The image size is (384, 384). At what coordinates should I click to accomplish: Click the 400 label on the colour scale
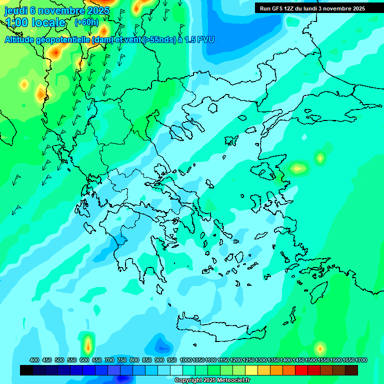[34, 360]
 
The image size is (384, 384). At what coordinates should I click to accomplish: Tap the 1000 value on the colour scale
[185, 360]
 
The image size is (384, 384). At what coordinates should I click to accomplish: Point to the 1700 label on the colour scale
[361, 360]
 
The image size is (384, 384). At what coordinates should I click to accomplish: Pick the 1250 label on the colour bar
[248, 360]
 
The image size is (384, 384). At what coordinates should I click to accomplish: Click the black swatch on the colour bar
[26, 370]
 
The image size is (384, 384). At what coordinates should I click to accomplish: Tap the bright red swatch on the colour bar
[301, 370]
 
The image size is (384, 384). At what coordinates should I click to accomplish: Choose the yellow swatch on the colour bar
[251, 370]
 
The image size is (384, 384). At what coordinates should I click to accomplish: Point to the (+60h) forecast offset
[86, 22]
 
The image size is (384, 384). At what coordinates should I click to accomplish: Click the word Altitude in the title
[22, 39]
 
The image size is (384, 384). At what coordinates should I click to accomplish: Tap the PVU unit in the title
[205, 39]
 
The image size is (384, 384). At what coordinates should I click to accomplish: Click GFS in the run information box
[276, 8]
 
